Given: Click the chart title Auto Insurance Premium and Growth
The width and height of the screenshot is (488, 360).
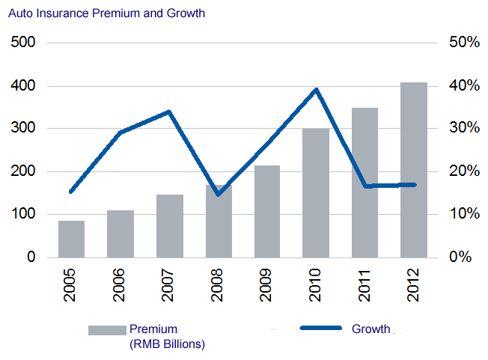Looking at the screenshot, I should point(106,13).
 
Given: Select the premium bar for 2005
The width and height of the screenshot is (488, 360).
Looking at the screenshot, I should point(71,239).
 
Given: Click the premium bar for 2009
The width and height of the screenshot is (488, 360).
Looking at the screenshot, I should point(267,211).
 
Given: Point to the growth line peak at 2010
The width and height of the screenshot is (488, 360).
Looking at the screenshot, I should point(317,90).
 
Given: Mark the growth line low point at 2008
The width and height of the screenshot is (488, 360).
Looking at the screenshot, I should point(218,194).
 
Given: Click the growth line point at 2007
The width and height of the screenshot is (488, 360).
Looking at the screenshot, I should point(169,112).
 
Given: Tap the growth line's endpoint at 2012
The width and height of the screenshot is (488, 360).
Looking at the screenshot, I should point(414,184).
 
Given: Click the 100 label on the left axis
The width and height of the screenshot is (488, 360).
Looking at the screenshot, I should point(25,215).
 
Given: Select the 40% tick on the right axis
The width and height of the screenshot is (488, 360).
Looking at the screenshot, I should point(464,86).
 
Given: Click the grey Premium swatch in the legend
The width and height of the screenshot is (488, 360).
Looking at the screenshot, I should point(106,330).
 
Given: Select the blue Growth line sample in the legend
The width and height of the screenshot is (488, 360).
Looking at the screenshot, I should point(320,329).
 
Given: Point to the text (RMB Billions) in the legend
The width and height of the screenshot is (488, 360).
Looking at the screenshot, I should point(167,344).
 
